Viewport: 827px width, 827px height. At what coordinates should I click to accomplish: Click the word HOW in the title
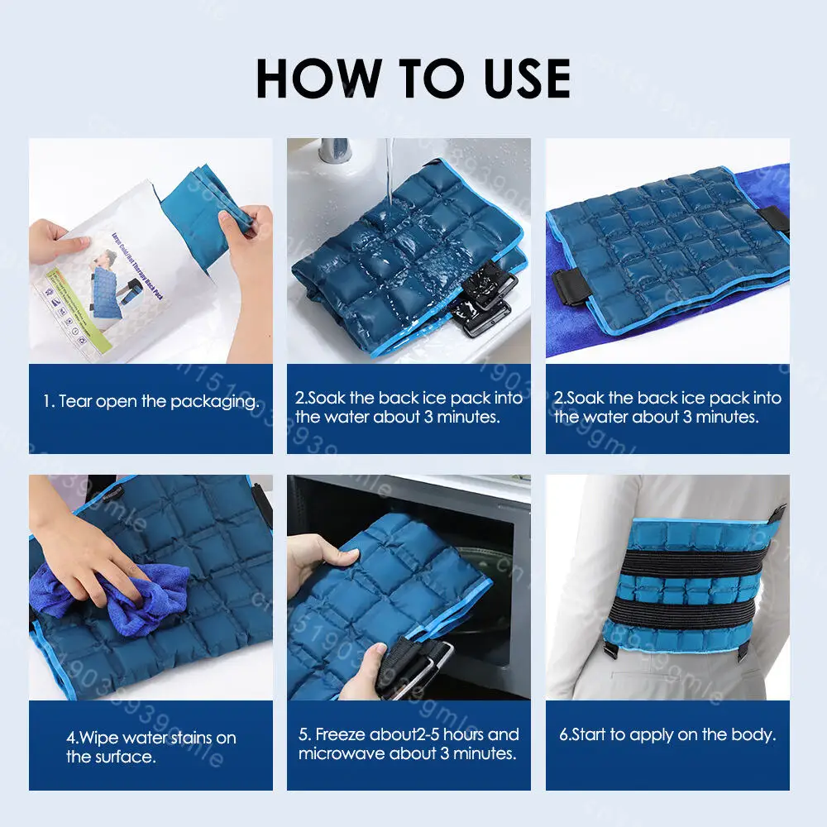pyautogui.click(x=319, y=79)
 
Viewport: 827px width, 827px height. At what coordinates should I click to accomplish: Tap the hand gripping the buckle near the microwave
pyautogui.click(x=364, y=670)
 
